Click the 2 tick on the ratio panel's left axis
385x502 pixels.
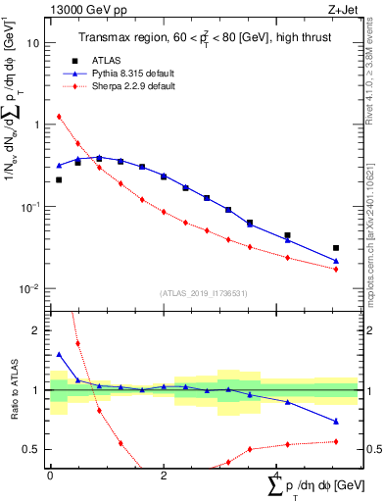(x=36, y=330)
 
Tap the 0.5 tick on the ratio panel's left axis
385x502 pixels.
(x=32, y=449)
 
